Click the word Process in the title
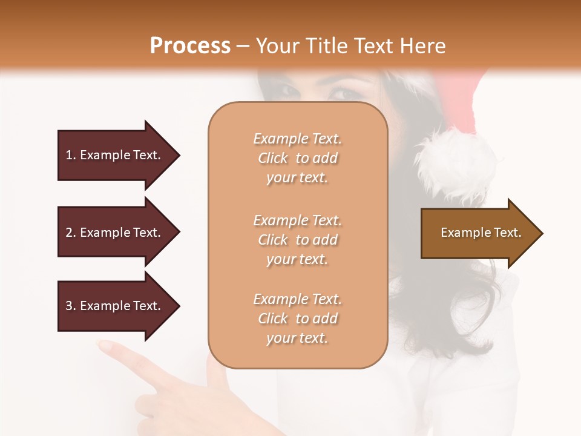tap(190, 46)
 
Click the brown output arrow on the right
tap(478, 233)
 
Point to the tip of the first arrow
tap(179, 155)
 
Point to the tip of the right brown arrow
tap(542, 233)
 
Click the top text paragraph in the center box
tap(297, 158)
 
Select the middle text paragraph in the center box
tap(297, 240)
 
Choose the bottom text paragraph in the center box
tap(297, 319)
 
